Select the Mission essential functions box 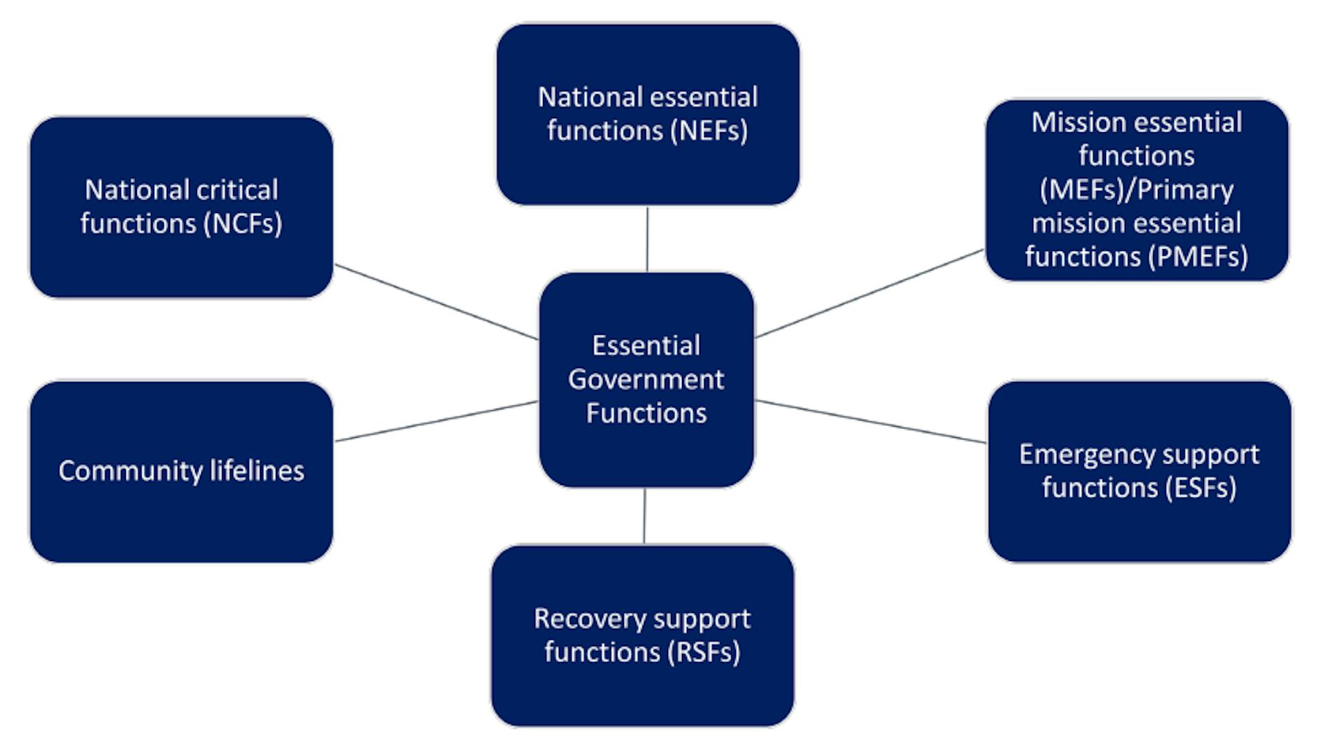(x=1136, y=190)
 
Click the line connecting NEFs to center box (x=647, y=239)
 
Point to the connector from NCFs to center (x=436, y=302)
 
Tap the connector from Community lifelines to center (x=436, y=421)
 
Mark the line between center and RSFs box (x=645, y=516)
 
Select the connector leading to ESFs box (x=870, y=421)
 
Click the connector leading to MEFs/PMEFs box (x=869, y=294)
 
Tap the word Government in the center (x=646, y=379)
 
